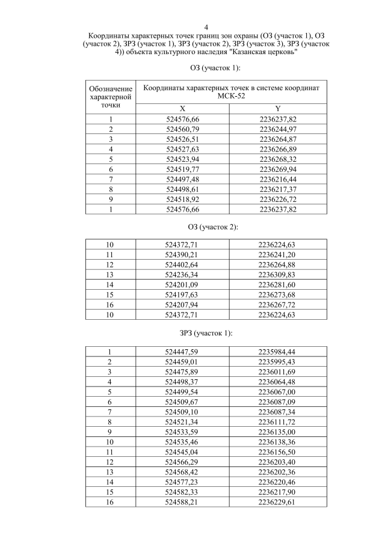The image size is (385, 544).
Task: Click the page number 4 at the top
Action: (206, 27)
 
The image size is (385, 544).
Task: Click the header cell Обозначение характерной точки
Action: (111, 96)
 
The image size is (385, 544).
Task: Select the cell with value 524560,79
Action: (183, 129)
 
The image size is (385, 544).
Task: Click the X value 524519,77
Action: (183, 170)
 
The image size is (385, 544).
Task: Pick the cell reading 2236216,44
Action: (277, 179)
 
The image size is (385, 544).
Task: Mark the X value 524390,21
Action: (183, 255)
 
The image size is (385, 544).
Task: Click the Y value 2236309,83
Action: (277, 274)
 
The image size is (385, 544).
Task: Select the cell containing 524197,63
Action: (183, 294)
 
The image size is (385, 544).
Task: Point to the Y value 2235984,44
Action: (277, 352)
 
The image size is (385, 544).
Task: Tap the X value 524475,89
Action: (183, 371)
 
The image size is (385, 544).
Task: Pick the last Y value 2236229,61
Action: (277, 502)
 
